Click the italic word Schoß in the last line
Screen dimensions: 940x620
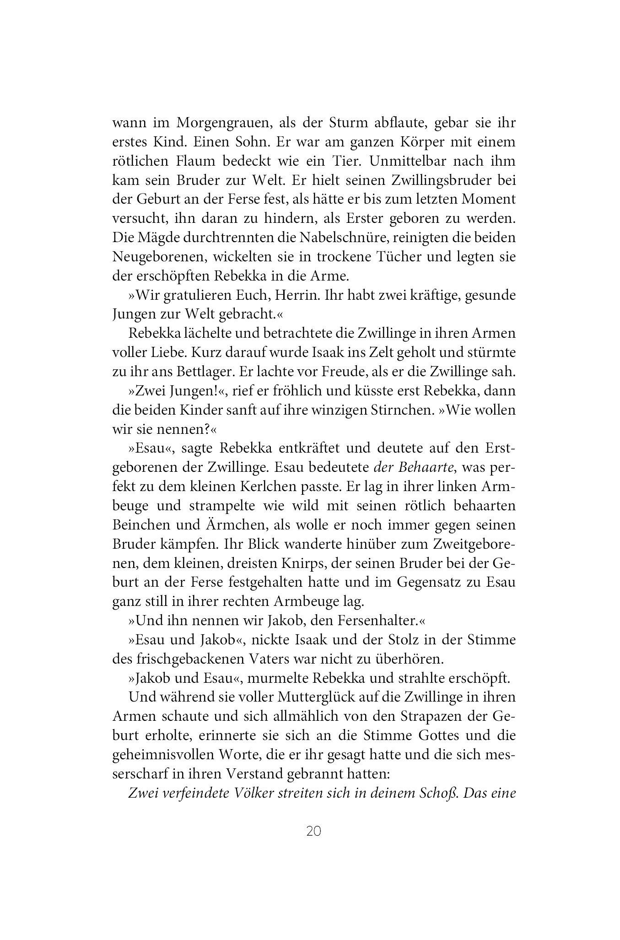tap(439, 793)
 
